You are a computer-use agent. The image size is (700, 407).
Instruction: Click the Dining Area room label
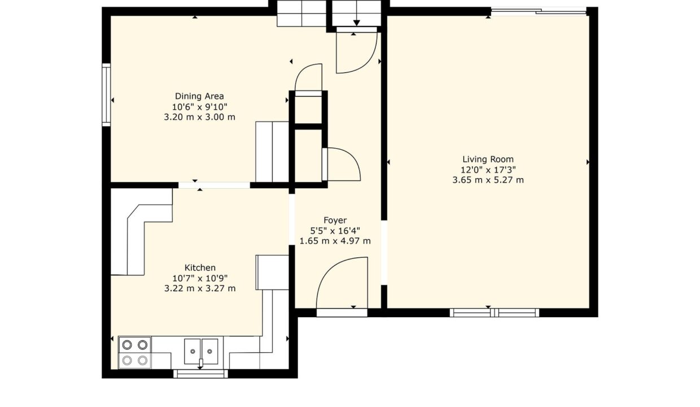199,96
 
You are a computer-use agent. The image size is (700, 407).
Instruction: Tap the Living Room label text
488,159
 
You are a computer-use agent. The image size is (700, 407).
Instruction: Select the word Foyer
335,220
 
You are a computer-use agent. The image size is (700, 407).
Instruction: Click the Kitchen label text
200,268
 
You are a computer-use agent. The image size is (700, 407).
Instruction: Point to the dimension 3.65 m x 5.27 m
488,180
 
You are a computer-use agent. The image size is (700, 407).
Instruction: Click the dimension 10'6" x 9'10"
199,107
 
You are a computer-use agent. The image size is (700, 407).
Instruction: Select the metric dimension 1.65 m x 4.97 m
335,241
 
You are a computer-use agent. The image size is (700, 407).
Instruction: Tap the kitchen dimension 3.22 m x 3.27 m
200,288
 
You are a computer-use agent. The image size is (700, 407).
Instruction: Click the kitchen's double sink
201,352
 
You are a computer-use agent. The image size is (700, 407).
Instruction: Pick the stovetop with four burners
135,353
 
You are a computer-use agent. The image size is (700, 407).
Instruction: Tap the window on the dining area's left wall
107,95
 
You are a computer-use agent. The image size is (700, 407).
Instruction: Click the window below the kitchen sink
200,374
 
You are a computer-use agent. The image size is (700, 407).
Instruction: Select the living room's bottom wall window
495,313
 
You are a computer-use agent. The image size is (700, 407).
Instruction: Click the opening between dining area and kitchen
214,185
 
